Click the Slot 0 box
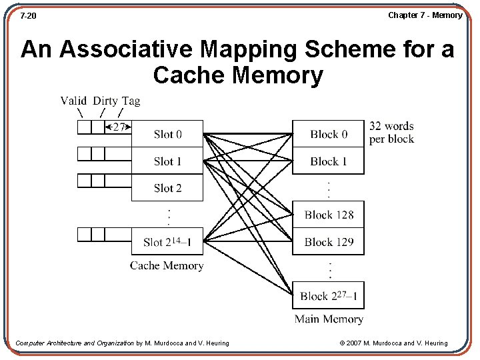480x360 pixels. pos(167,134)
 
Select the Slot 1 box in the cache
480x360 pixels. pos(167,161)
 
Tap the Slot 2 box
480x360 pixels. pos(167,187)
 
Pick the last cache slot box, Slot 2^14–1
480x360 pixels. pos(167,241)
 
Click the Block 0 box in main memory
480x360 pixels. pos(328,134)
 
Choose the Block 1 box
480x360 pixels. pos(328,161)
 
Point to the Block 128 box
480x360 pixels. pos(328,215)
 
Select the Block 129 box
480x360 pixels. pos(328,241)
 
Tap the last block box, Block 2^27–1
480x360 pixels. pos(328,295)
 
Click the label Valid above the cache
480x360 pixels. pos(73,101)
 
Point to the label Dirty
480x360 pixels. pos(105,101)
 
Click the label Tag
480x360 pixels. pos(131,101)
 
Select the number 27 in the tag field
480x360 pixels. pos(119,127)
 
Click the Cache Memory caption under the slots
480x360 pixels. pos(167,265)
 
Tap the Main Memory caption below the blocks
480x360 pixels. pos(329,319)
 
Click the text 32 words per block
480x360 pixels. pos(391,133)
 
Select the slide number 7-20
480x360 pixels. pos(28,15)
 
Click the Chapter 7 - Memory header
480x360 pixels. pos(425,15)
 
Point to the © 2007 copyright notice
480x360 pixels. pos(393,343)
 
